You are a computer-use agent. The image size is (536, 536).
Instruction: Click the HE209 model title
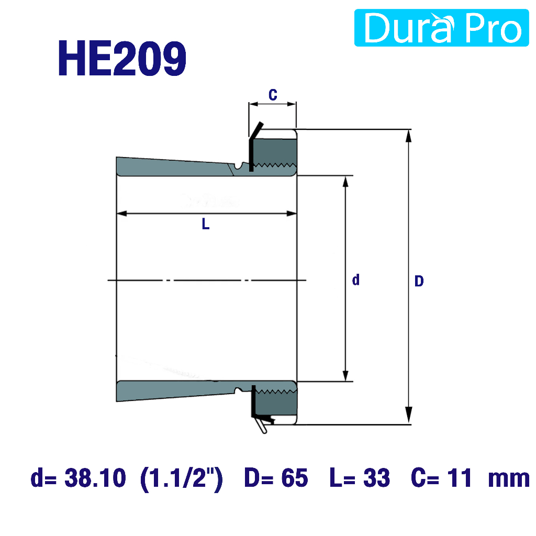coord(122,58)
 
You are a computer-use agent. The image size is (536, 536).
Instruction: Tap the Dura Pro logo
coord(441,28)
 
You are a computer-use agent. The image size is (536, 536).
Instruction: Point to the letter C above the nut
coord(273,95)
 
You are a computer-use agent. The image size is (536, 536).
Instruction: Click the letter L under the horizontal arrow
coord(205,224)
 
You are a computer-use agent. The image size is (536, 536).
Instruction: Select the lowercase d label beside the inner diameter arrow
coord(356,280)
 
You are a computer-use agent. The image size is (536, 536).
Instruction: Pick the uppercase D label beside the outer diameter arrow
coord(419,281)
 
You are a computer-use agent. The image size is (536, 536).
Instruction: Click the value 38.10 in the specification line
coord(95,477)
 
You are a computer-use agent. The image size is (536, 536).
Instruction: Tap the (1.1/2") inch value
coord(181,478)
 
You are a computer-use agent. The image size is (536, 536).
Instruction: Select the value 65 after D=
coord(295,478)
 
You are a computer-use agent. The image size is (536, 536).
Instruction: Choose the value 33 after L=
coord(376,478)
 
